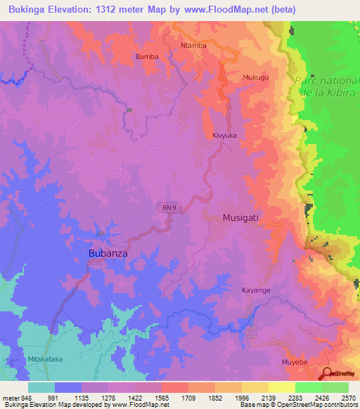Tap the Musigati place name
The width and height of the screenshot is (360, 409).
[x=240, y=218]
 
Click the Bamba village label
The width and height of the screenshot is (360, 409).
[x=147, y=56]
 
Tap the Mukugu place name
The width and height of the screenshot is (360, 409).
[x=255, y=77]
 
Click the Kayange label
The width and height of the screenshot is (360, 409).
[x=256, y=290]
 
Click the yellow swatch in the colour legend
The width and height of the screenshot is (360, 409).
[x=281, y=387]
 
